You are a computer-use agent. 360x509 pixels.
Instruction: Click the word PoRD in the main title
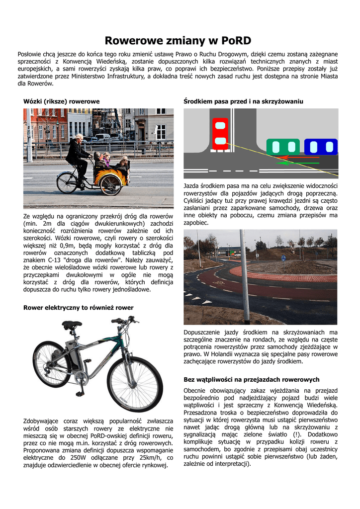coord(236,40)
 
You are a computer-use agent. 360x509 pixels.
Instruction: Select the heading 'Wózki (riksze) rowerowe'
coord(62,101)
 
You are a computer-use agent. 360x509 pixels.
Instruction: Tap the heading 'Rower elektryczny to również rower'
coord(79,308)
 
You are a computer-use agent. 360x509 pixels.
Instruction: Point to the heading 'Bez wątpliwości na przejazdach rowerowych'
coord(252,379)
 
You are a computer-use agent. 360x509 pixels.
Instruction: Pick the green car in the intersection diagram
coord(282,147)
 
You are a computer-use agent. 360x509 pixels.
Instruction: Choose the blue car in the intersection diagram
coord(320,147)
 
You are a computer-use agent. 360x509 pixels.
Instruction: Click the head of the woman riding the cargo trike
coord(79,138)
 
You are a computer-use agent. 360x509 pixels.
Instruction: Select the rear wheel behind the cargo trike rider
coord(67,183)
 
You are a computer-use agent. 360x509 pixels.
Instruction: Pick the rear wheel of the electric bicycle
coord(51,364)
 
